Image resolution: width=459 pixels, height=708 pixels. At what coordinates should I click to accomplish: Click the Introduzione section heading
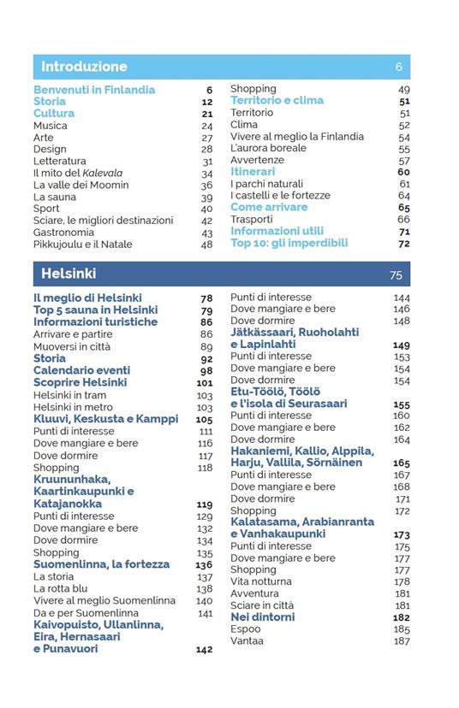tap(84, 67)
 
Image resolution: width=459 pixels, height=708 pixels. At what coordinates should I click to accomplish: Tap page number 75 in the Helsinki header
tap(396, 274)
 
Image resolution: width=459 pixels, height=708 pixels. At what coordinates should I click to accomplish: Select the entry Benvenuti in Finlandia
tap(94, 90)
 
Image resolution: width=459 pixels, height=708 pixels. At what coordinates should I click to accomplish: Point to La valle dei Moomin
tap(81, 185)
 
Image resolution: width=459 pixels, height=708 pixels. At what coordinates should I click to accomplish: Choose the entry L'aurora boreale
tap(268, 149)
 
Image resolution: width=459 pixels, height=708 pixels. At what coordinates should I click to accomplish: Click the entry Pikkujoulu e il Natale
tap(83, 244)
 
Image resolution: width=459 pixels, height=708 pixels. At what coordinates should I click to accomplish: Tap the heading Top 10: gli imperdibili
tap(289, 243)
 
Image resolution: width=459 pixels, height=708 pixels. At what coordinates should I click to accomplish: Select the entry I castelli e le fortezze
tap(280, 196)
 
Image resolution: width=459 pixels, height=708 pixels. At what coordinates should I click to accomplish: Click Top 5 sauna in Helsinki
tap(96, 310)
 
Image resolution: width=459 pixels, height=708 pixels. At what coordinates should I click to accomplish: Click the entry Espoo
tap(247, 629)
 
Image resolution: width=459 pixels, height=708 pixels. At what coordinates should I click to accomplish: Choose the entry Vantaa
tap(247, 640)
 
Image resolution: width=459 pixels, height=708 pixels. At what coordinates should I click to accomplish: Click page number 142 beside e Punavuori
tap(204, 650)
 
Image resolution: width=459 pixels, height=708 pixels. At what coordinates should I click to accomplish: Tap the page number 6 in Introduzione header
tap(399, 67)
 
